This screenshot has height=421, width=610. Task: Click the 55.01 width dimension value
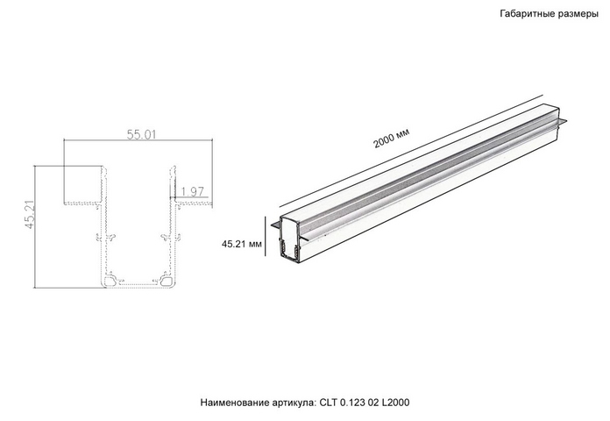(141, 134)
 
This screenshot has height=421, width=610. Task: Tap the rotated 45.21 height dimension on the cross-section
(30, 214)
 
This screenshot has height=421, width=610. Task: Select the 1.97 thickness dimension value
(192, 191)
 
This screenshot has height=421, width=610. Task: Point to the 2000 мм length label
(392, 139)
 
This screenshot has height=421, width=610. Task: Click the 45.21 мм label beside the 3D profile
(242, 244)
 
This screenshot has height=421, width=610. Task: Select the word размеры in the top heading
(577, 15)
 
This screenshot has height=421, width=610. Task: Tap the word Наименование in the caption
(229, 403)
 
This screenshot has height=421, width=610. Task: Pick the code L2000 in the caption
(395, 403)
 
